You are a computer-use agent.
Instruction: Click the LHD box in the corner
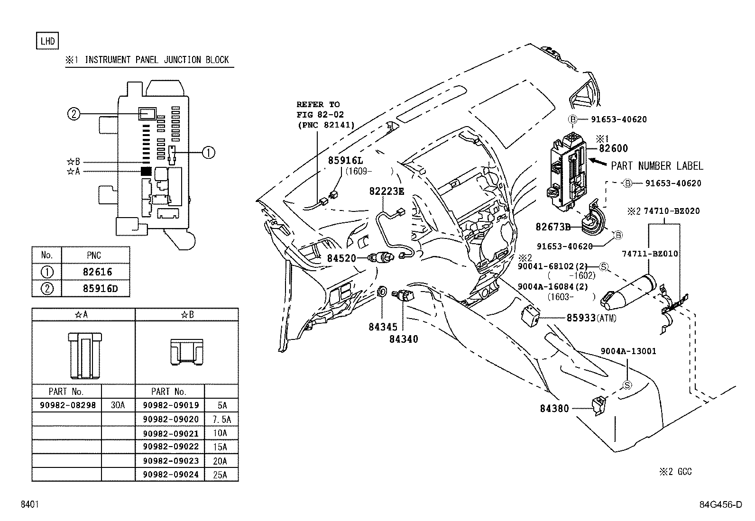[47, 41]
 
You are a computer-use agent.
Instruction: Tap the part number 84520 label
[341, 258]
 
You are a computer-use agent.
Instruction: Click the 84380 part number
[554, 408]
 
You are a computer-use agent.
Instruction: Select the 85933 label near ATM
[580, 318]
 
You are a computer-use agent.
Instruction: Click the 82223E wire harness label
[387, 191]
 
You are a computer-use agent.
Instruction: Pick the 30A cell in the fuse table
[118, 405]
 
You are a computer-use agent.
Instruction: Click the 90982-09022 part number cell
[169, 447]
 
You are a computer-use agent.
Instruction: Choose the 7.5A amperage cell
[221, 420]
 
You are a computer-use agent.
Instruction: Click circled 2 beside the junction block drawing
[74, 114]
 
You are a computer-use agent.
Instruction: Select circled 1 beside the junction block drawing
[208, 152]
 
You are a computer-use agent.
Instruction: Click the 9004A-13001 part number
[628, 351]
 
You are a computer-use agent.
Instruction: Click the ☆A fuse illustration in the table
[83, 355]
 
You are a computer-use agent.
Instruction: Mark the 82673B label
[552, 227]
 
